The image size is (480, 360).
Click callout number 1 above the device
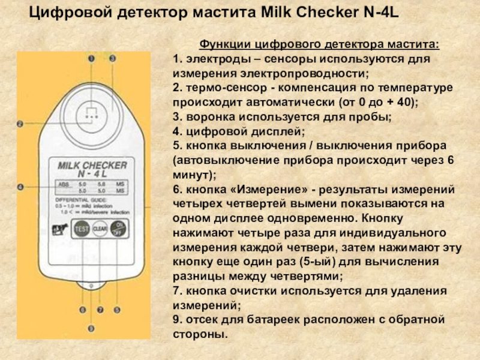click(x=92, y=59)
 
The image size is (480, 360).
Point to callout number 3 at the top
click(x=112, y=59)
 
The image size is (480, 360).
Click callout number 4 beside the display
click(x=20, y=187)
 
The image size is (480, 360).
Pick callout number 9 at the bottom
click(x=91, y=328)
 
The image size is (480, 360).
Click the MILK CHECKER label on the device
click(x=91, y=164)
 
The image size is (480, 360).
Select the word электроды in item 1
click(x=212, y=60)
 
